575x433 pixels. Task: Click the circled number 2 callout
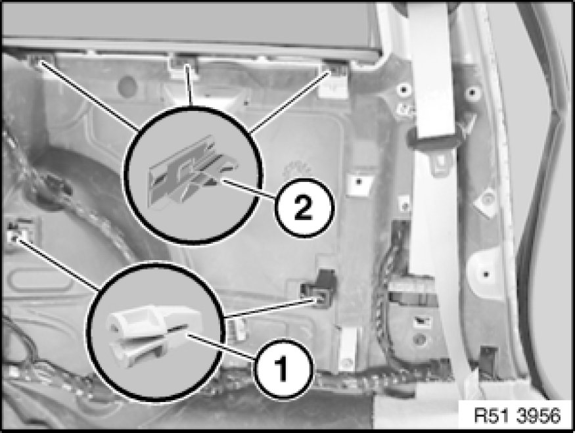(x=304, y=208)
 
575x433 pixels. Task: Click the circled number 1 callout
(x=284, y=369)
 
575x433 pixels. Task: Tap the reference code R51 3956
(x=517, y=416)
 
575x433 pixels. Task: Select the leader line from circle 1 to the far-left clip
(x=57, y=263)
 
